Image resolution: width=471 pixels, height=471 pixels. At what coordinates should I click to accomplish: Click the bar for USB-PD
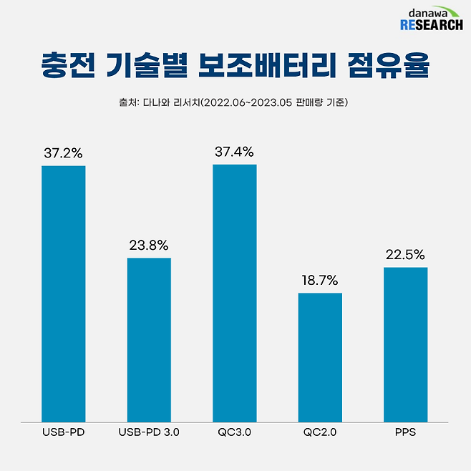(64, 293)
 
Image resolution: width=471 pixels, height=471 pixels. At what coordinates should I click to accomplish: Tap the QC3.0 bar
(235, 293)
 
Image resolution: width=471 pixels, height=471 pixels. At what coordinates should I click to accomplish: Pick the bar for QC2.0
(320, 357)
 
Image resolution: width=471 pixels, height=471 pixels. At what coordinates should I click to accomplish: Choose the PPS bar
(405, 344)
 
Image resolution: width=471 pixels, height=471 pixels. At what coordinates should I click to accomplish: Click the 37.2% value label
(64, 152)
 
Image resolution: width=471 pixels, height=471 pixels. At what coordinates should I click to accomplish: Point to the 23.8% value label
(149, 245)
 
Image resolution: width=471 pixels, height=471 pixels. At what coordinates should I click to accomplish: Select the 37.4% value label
(235, 152)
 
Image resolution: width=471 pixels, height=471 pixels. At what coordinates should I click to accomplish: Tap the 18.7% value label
(320, 280)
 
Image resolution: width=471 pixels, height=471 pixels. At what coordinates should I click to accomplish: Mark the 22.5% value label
(405, 254)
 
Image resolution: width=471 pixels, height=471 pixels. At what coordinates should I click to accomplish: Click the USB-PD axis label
(64, 434)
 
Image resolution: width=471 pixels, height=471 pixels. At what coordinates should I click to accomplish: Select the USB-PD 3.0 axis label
(149, 434)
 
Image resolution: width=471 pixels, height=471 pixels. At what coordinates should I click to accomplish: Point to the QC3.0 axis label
(235, 434)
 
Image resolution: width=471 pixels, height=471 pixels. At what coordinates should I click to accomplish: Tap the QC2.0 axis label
(320, 434)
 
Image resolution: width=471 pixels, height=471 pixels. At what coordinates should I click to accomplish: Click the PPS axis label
(405, 434)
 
